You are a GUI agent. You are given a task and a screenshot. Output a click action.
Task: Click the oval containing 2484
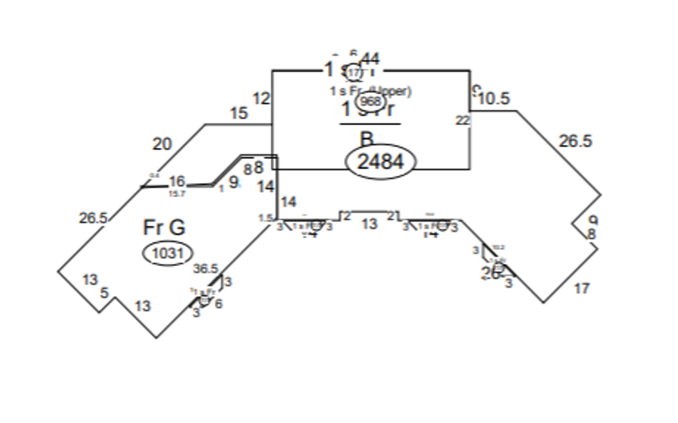(x=381, y=162)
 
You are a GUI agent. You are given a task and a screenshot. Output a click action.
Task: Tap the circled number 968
(x=370, y=101)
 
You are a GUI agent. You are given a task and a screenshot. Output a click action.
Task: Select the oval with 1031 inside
(x=167, y=254)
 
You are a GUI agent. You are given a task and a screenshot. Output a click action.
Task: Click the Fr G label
(x=164, y=228)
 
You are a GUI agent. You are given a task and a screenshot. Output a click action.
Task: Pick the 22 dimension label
(x=463, y=120)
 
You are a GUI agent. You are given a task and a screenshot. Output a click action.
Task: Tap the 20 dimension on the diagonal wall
(x=162, y=144)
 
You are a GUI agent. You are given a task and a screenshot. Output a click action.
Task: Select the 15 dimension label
(x=239, y=113)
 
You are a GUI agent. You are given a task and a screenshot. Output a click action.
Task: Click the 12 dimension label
(x=261, y=99)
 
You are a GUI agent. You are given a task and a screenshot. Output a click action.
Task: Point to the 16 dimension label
(x=176, y=182)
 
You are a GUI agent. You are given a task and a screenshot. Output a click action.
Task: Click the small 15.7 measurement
(x=177, y=194)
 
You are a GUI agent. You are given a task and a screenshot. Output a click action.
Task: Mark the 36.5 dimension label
(x=205, y=268)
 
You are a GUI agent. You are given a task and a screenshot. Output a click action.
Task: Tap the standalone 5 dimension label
(x=104, y=292)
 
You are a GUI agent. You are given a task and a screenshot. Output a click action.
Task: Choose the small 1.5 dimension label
(x=265, y=218)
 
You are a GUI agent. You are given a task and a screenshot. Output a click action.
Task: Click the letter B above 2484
(x=366, y=139)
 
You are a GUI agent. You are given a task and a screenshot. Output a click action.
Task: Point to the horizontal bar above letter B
(x=370, y=124)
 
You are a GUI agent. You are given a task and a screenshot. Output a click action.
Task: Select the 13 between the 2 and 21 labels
(x=370, y=224)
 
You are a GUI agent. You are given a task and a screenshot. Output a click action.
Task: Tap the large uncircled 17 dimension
(x=581, y=288)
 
